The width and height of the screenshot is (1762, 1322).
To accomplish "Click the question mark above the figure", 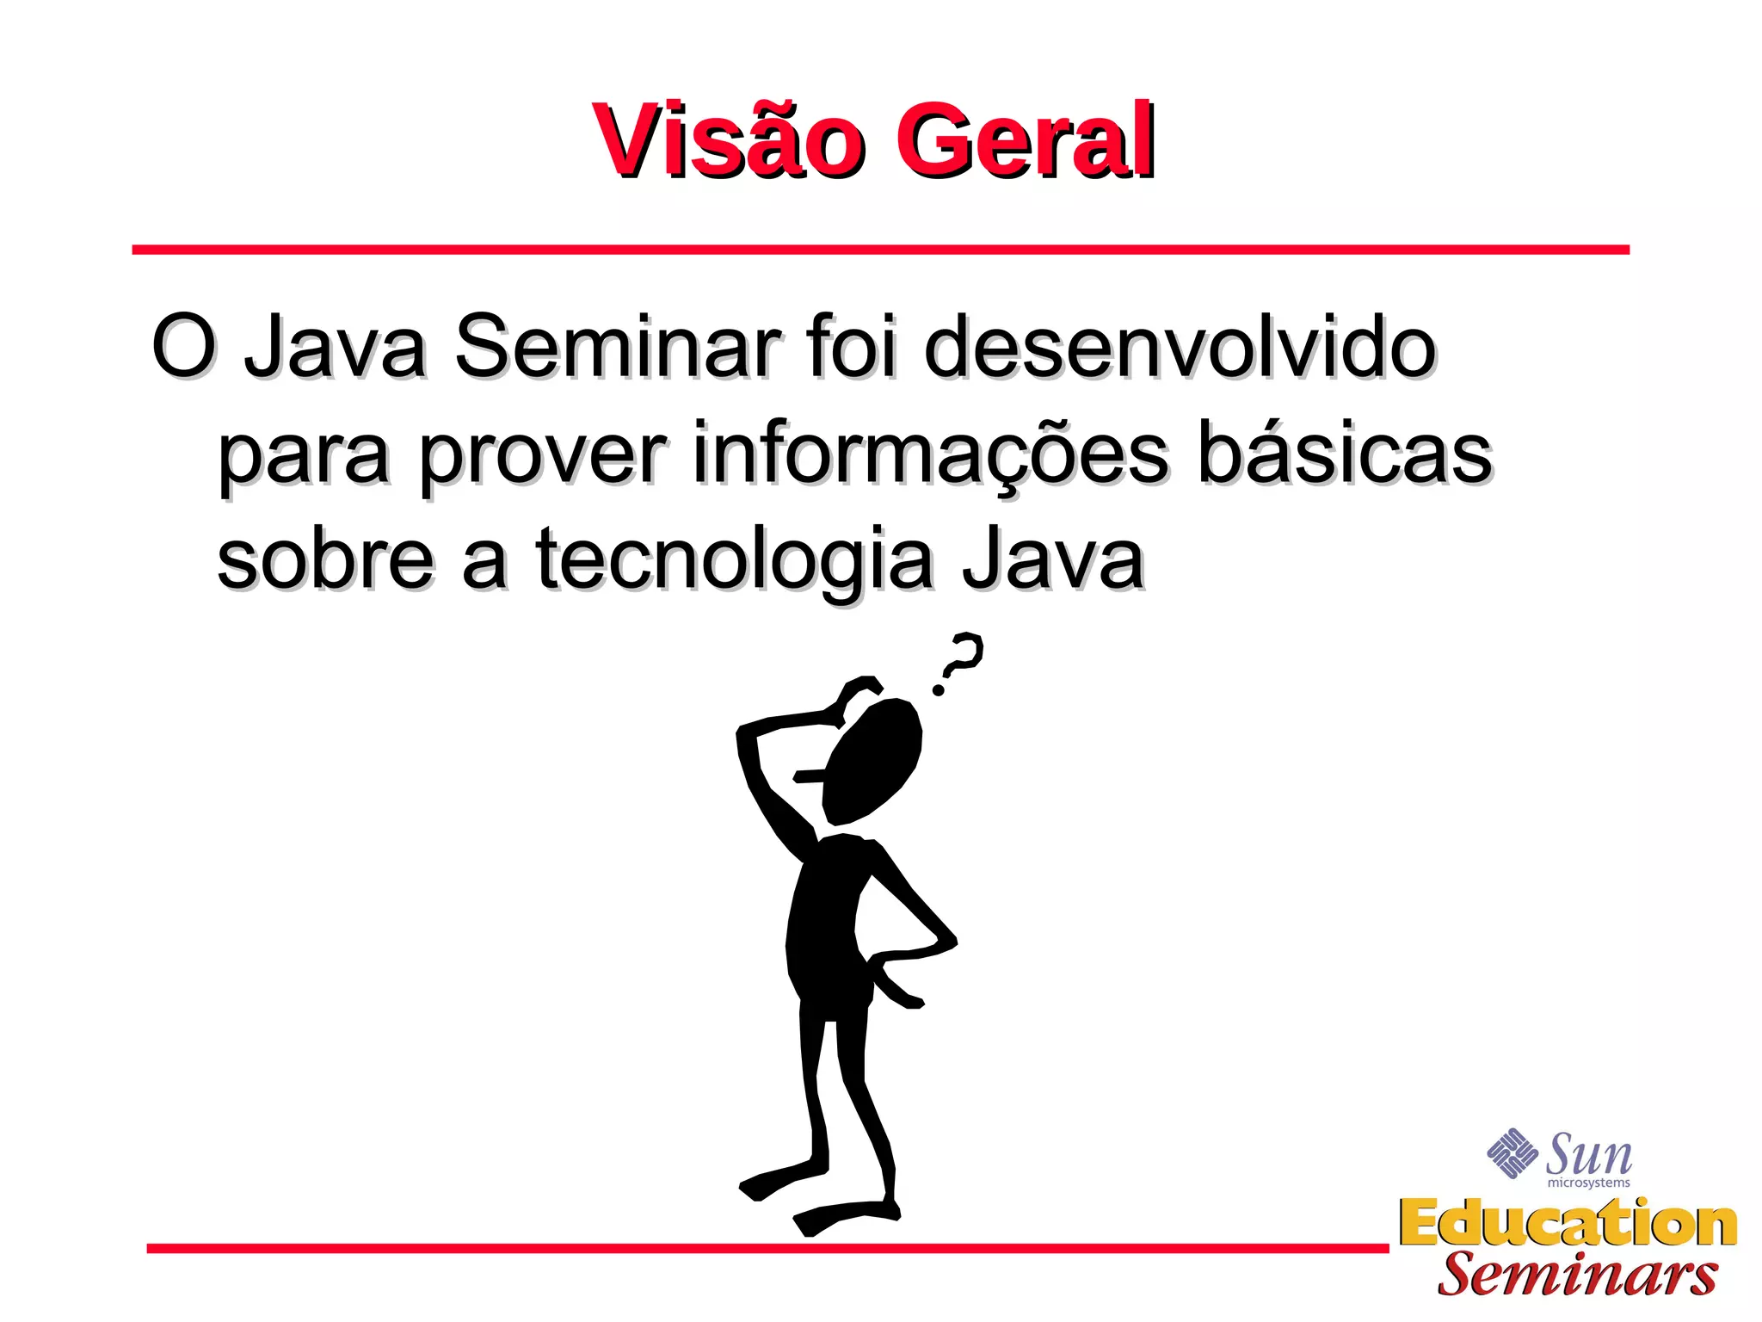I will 959,662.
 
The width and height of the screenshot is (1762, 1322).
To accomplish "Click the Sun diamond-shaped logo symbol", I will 1512,1153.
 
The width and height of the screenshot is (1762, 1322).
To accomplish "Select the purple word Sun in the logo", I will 1589,1154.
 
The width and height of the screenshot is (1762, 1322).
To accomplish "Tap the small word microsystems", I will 1588,1183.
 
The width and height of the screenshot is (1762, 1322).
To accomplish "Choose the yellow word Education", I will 1568,1223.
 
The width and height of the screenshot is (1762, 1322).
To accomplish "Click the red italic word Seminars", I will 1577,1274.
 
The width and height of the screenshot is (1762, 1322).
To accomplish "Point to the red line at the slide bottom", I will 766,1248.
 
